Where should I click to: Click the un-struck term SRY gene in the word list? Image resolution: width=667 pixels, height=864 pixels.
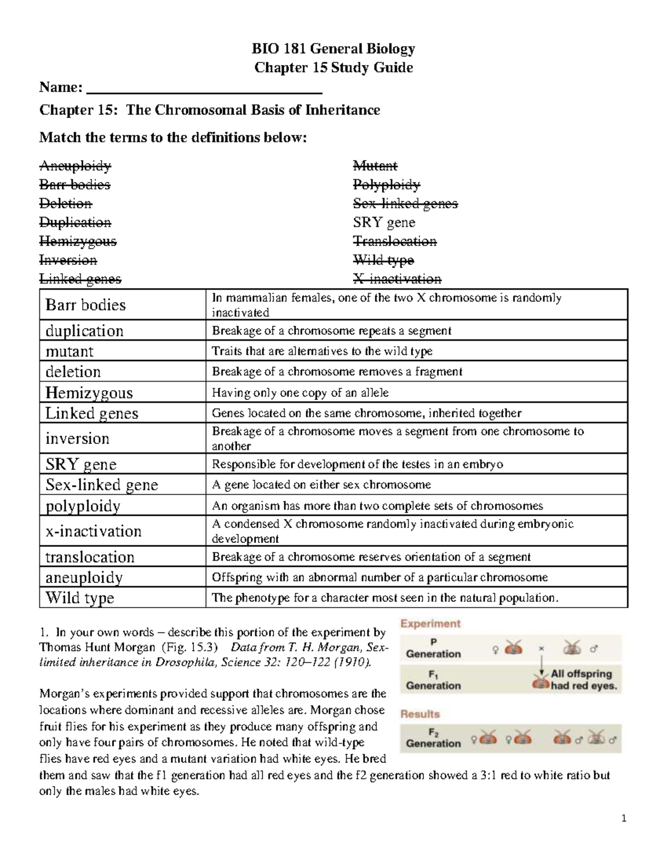pyautogui.click(x=384, y=223)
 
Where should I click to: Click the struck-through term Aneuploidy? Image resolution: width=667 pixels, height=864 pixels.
pyautogui.click(x=75, y=166)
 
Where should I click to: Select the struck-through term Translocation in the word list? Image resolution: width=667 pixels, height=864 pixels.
pyautogui.click(x=395, y=241)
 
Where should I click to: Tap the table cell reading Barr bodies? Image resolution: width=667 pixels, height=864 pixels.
pyautogui.click(x=86, y=305)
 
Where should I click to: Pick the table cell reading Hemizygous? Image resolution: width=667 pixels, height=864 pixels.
pyautogui.click(x=89, y=393)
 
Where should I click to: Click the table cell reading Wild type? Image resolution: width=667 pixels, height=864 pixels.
pyautogui.click(x=79, y=598)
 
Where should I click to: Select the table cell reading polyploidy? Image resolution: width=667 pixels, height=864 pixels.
pyautogui.click(x=83, y=506)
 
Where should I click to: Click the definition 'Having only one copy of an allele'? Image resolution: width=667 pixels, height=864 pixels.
pyautogui.click(x=300, y=393)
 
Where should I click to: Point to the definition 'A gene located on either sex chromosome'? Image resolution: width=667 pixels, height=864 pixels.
pyautogui.click(x=321, y=485)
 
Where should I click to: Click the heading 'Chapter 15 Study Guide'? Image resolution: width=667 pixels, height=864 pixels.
pyautogui.click(x=333, y=68)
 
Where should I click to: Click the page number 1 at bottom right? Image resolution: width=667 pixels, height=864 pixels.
pyautogui.click(x=624, y=818)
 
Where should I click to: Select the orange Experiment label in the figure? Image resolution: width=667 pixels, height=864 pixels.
pyautogui.click(x=431, y=624)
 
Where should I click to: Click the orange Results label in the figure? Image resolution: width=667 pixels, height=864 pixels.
pyautogui.click(x=420, y=714)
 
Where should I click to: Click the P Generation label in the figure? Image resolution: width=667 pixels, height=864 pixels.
pyautogui.click(x=434, y=648)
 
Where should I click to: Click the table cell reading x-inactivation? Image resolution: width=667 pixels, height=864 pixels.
pyautogui.click(x=93, y=531)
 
